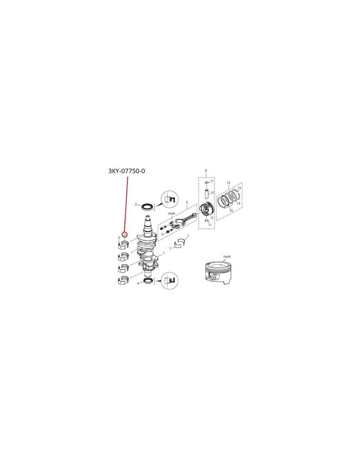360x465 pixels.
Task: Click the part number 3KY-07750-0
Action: click(x=126, y=171)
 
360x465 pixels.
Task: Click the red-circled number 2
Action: click(x=125, y=234)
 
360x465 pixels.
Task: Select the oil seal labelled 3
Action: click(x=148, y=207)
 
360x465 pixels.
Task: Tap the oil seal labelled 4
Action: click(x=149, y=281)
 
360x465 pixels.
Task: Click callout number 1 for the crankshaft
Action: click(x=163, y=253)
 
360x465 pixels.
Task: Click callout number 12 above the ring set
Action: click(x=228, y=183)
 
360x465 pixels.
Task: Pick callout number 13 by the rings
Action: click(x=239, y=188)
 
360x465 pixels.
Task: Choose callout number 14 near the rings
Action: click(x=239, y=203)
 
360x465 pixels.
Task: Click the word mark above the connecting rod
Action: click(x=172, y=214)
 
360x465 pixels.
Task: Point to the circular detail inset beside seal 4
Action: click(x=169, y=280)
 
